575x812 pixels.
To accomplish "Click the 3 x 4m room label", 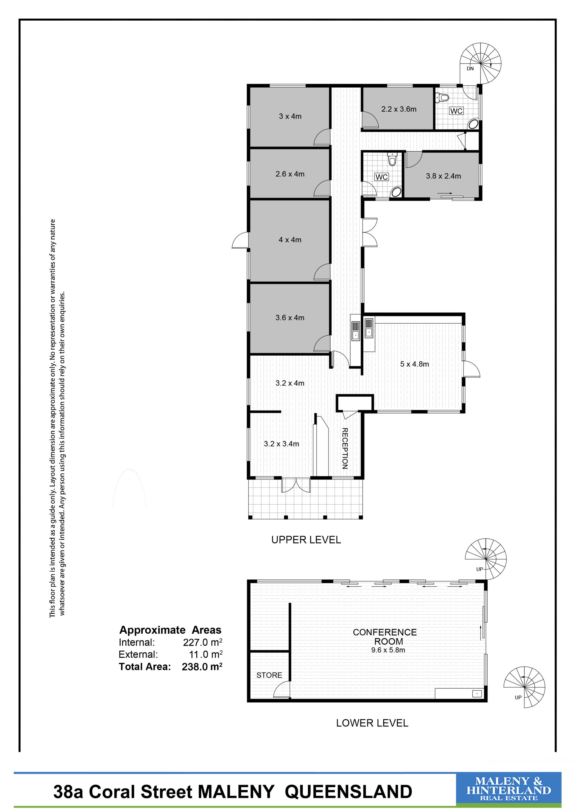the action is pyautogui.click(x=290, y=116).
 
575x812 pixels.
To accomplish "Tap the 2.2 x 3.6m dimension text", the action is pyautogui.click(x=399, y=109).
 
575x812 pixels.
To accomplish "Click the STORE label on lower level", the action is pyautogui.click(x=269, y=675).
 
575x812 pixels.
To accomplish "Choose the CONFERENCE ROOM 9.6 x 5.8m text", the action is pyautogui.click(x=385, y=641).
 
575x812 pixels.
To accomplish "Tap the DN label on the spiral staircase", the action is pyautogui.click(x=470, y=69).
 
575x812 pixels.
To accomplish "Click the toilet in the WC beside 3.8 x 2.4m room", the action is pyautogui.click(x=392, y=160).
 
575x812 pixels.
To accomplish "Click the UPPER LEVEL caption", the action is pyautogui.click(x=306, y=540).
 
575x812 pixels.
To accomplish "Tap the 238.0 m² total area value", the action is pyautogui.click(x=202, y=667).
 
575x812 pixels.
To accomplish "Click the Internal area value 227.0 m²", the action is pyautogui.click(x=202, y=642).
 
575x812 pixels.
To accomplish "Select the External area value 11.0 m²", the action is pyautogui.click(x=206, y=654).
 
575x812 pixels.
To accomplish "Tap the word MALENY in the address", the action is pyautogui.click(x=236, y=792).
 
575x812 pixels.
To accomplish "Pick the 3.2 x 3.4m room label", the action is pyautogui.click(x=281, y=444).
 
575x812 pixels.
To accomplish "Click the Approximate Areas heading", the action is pyautogui.click(x=170, y=630).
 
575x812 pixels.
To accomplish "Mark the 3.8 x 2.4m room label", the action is pyautogui.click(x=443, y=176).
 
